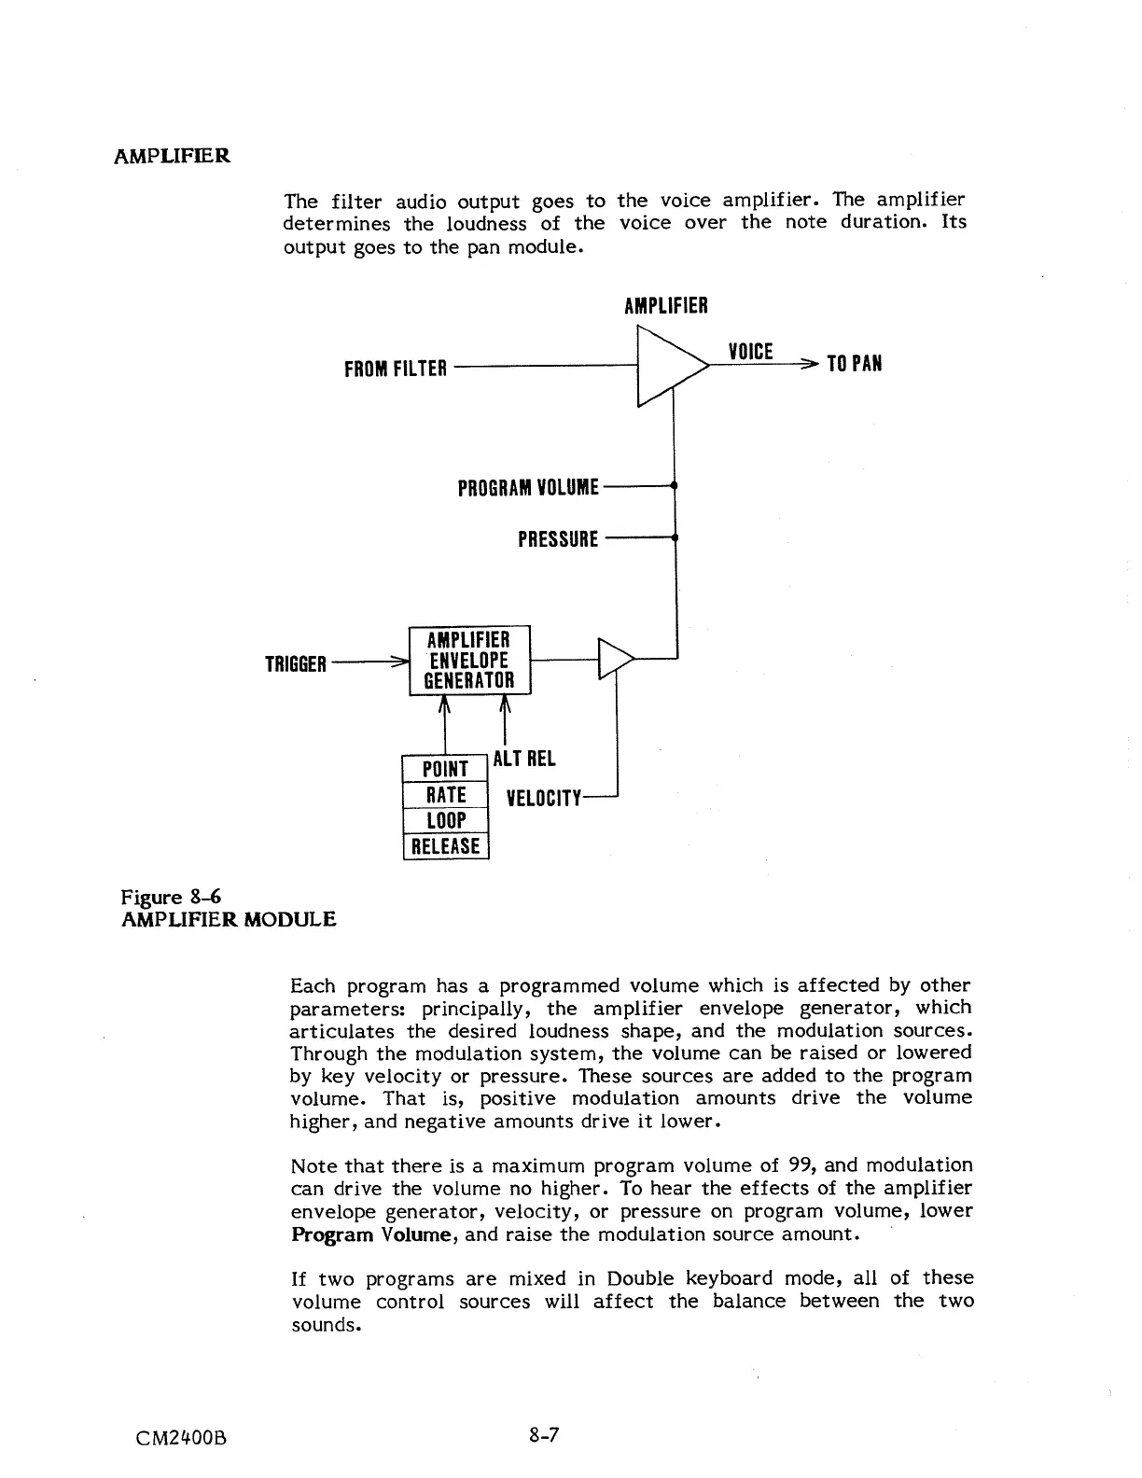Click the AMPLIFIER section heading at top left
172,155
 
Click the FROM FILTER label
396,369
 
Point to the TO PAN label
854,364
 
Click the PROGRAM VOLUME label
528,488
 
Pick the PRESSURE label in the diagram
558,539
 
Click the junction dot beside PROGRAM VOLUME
674,486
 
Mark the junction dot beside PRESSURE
674,538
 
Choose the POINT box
445,769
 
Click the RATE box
445,795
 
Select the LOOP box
445,821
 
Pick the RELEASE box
445,846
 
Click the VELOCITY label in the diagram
543,799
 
